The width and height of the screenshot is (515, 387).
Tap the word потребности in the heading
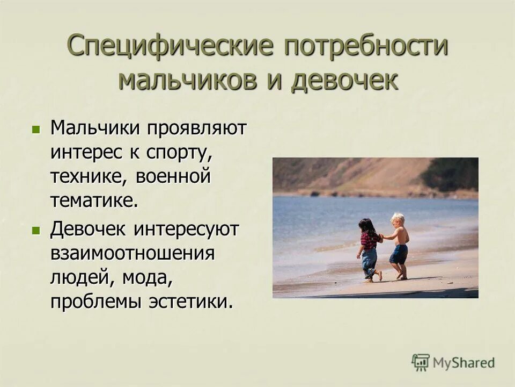point(366,46)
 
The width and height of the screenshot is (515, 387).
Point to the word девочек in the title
point(345,80)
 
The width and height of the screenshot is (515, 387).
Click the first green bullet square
point(36,129)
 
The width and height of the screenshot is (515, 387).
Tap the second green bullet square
point(36,230)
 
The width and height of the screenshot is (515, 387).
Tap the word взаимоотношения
point(133,254)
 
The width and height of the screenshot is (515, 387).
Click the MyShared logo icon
point(421,362)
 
